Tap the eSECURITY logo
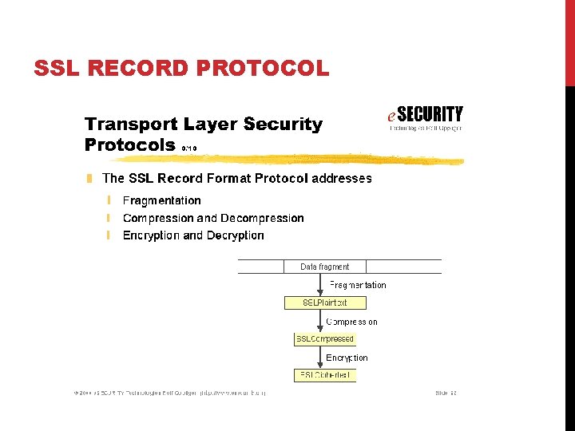tap(424, 117)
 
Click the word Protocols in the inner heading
tap(130, 144)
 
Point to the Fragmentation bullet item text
tap(161, 200)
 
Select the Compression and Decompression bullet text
tap(213, 218)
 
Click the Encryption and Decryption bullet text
tap(193, 235)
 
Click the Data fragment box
tap(324, 267)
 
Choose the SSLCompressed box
tap(325, 339)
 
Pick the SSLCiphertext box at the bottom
tap(325, 375)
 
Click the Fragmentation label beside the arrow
tap(358, 285)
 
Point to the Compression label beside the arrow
tap(351, 322)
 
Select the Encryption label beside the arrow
tap(347, 358)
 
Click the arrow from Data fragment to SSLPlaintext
tap(324, 285)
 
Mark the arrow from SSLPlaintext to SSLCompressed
tap(324, 321)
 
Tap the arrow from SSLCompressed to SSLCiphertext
tap(324, 358)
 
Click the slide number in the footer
tap(446, 393)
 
